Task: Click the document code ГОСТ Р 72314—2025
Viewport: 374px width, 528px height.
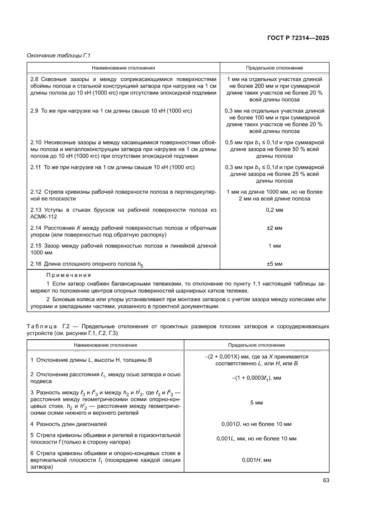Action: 297,38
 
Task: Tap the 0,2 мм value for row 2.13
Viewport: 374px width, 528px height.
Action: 274,210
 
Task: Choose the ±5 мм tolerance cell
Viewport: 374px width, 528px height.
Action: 274,263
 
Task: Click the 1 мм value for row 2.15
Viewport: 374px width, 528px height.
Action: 274,246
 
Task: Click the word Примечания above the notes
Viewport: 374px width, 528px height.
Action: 68,275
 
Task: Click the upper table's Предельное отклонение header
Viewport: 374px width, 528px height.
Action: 274,68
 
